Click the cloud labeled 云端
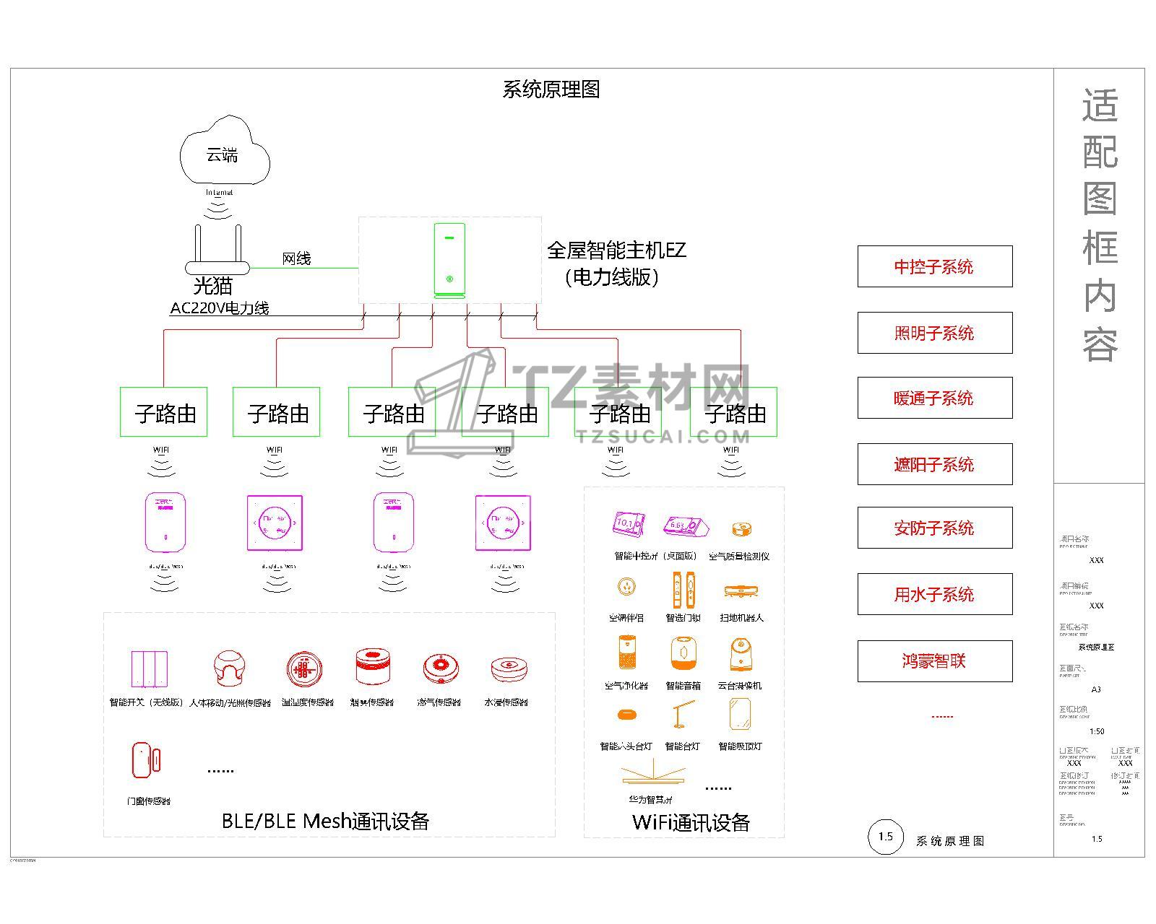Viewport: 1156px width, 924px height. pos(224,154)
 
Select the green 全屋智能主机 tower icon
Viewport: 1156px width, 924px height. pos(449,260)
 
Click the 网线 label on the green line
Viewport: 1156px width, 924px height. pos(296,258)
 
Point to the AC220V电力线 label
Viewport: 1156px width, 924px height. pos(220,308)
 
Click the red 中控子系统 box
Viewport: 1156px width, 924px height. pos(934,266)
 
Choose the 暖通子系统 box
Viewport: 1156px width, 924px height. pos(934,398)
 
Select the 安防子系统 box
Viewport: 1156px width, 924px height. pos(934,528)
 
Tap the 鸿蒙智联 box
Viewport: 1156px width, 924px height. pos(934,661)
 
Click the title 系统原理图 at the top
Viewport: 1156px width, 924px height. pos(551,90)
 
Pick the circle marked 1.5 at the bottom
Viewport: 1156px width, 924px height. pos(885,837)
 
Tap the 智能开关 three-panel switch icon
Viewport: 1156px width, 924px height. pos(149,669)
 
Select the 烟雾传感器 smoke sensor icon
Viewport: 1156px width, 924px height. pos(374,667)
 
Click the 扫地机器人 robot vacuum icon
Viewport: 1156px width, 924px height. pos(741,592)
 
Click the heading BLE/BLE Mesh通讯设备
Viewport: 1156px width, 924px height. pos(325,821)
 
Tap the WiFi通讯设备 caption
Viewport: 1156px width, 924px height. pos(691,822)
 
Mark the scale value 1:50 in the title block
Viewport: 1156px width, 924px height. pos(1097,731)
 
